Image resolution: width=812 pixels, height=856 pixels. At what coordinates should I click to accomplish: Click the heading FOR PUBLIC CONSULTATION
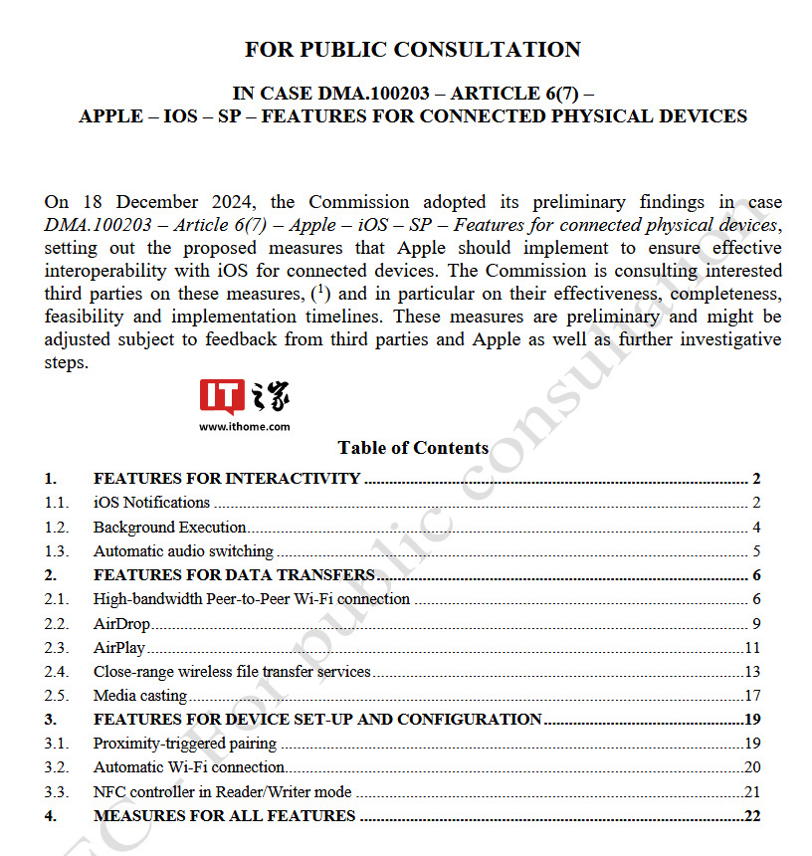pos(413,49)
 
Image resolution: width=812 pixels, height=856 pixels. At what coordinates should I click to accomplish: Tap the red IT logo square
pos(222,396)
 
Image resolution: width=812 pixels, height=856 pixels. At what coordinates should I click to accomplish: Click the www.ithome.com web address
pos(245,426)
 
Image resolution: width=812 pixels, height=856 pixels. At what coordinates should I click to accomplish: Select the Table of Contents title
pos(413,448)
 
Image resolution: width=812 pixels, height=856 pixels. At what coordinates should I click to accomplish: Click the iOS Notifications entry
pos(151,503)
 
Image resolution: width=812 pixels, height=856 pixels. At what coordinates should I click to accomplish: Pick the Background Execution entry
pos(169,527)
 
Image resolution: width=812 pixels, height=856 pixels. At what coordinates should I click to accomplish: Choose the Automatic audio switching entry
pos(183,550)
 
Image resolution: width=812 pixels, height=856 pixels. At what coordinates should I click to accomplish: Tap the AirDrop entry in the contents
pos(121,624)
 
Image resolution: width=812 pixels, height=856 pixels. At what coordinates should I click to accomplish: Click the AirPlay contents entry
pos(119,648)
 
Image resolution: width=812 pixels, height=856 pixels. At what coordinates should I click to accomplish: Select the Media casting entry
pos(140,696)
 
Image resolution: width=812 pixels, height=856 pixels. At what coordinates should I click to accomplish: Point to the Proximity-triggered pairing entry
pos(185,744)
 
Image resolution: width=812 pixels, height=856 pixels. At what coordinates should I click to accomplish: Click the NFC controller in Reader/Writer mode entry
pos(222,792)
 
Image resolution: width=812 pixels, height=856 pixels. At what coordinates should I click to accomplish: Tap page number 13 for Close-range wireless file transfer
pos(752,672)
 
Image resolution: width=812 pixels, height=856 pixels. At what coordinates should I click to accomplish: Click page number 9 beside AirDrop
pos(756,624)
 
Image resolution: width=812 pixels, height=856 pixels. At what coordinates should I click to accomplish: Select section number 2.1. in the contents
pos(57,599)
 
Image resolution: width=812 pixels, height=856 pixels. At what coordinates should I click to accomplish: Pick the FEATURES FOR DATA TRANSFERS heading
pos(234,575)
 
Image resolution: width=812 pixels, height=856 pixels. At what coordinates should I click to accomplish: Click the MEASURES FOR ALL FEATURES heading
pos(224,816)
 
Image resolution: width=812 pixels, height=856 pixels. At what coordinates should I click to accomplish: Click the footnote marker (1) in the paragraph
pos(320,293)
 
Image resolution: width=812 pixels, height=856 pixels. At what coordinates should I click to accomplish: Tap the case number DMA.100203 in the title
pos(373,94)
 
